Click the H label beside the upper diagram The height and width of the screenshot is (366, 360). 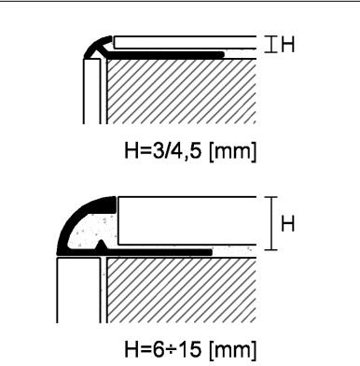(x=288, y=45)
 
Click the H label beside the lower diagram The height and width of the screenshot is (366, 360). (x=287, y=224)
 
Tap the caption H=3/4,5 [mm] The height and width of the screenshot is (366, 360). (x=190, y=151)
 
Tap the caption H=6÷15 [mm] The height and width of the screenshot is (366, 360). (x=190, y=349)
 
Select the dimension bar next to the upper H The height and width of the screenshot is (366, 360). (x=271, y=45)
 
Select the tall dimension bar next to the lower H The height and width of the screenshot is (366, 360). (x=271, y=223)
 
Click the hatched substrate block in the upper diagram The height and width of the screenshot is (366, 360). (x=181, y=91)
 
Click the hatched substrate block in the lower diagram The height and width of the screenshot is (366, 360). (x=181, y=290)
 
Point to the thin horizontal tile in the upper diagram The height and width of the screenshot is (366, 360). (x=185, y=42)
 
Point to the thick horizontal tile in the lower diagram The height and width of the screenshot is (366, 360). (x=187, y=220)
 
